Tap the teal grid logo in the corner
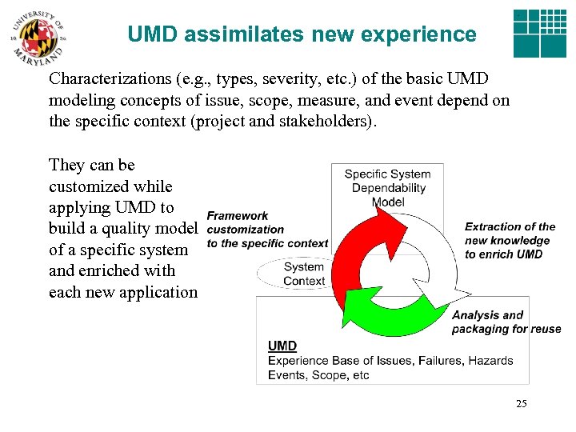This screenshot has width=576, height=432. [x=539, y=34]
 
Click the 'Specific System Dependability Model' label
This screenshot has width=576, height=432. [x=388, y=188]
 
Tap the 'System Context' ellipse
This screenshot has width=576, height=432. [x=304, y=274]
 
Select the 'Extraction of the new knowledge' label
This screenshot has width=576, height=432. [x=510, y=240]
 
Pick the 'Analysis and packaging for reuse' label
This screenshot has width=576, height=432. [x=506, y=322]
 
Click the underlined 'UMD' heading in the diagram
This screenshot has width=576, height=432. [x=282, y=346]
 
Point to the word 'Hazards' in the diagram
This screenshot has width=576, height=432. [x=490, y=360]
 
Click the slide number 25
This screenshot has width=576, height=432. [x=521, y=404]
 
